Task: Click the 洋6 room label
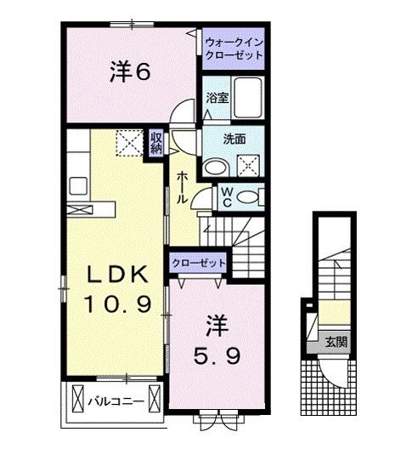coord(130,71)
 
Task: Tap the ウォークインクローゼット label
coord(234,48)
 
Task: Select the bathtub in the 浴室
coord(248,98)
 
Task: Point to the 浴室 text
coord(217,98)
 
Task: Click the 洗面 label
coord(234,139)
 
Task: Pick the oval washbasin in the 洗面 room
coord(217,168)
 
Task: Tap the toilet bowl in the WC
coord(247,197)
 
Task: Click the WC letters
coord(227,197)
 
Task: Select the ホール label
coord(182,188)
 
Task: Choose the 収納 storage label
coord(156,143)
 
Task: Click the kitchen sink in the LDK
coord(78,186)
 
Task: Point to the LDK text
coord(118,274)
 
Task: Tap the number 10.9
coord(117,304)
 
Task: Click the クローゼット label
coord(199,263)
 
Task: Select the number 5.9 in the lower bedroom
coord(217,356)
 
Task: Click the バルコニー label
coord(116,401)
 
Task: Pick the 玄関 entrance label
coord(336,342)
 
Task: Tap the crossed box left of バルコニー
coord(77,398)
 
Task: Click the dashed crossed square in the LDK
coord(130,143)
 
